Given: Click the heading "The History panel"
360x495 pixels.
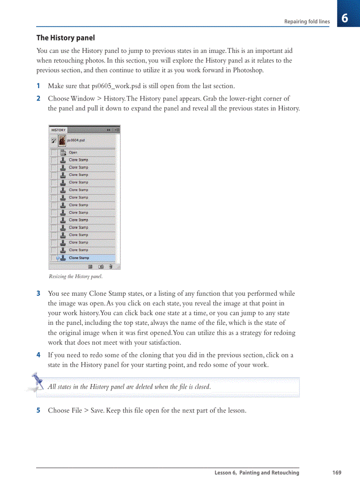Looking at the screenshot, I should tap(65, 38).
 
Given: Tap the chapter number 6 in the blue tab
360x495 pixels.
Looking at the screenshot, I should tap(345, 19).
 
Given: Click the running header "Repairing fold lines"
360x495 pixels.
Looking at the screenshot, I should tap(307, 22).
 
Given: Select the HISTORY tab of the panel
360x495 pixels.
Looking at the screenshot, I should tap(58, 130).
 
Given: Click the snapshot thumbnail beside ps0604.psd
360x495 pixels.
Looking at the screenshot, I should tap(62, 141).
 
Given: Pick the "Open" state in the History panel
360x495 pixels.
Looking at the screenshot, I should tap(73, 153).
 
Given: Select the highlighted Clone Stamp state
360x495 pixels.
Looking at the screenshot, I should tap(79, 258).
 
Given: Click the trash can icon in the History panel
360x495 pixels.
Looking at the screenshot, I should tap(111, 266).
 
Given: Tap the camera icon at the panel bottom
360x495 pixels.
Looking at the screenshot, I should tap(101, 266).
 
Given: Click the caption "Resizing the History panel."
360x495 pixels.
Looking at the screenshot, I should tap(75, 277).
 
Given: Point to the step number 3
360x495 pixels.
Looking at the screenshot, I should tap(38, 294).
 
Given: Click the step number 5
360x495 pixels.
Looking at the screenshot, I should tap(38, 410).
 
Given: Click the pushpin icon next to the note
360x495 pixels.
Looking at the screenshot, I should tap(37, 382).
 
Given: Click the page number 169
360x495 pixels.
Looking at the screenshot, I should tap(337, 473).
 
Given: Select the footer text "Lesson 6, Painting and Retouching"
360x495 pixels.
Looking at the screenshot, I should tap(257, 473).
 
